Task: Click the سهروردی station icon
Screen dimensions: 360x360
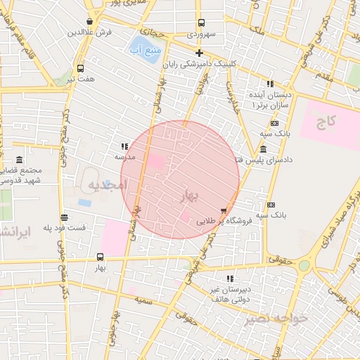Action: coord(201,22)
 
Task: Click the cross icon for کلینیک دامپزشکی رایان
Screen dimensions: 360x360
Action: coord(199,53)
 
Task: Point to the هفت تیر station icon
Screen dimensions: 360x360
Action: coord(80,69)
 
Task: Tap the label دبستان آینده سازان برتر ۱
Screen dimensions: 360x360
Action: coord(270,99)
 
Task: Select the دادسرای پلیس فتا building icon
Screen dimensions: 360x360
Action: coord(263,149)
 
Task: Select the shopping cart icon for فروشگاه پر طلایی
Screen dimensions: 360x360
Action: coord(224,210)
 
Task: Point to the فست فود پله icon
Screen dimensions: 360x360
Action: coord(64,217)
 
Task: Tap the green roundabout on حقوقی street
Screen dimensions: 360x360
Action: coord(304,266)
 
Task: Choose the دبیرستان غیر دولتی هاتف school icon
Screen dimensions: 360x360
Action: coord(230,278)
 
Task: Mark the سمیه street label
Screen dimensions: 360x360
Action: coord(144,300)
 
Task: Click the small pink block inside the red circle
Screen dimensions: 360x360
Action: coord(185,218)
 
